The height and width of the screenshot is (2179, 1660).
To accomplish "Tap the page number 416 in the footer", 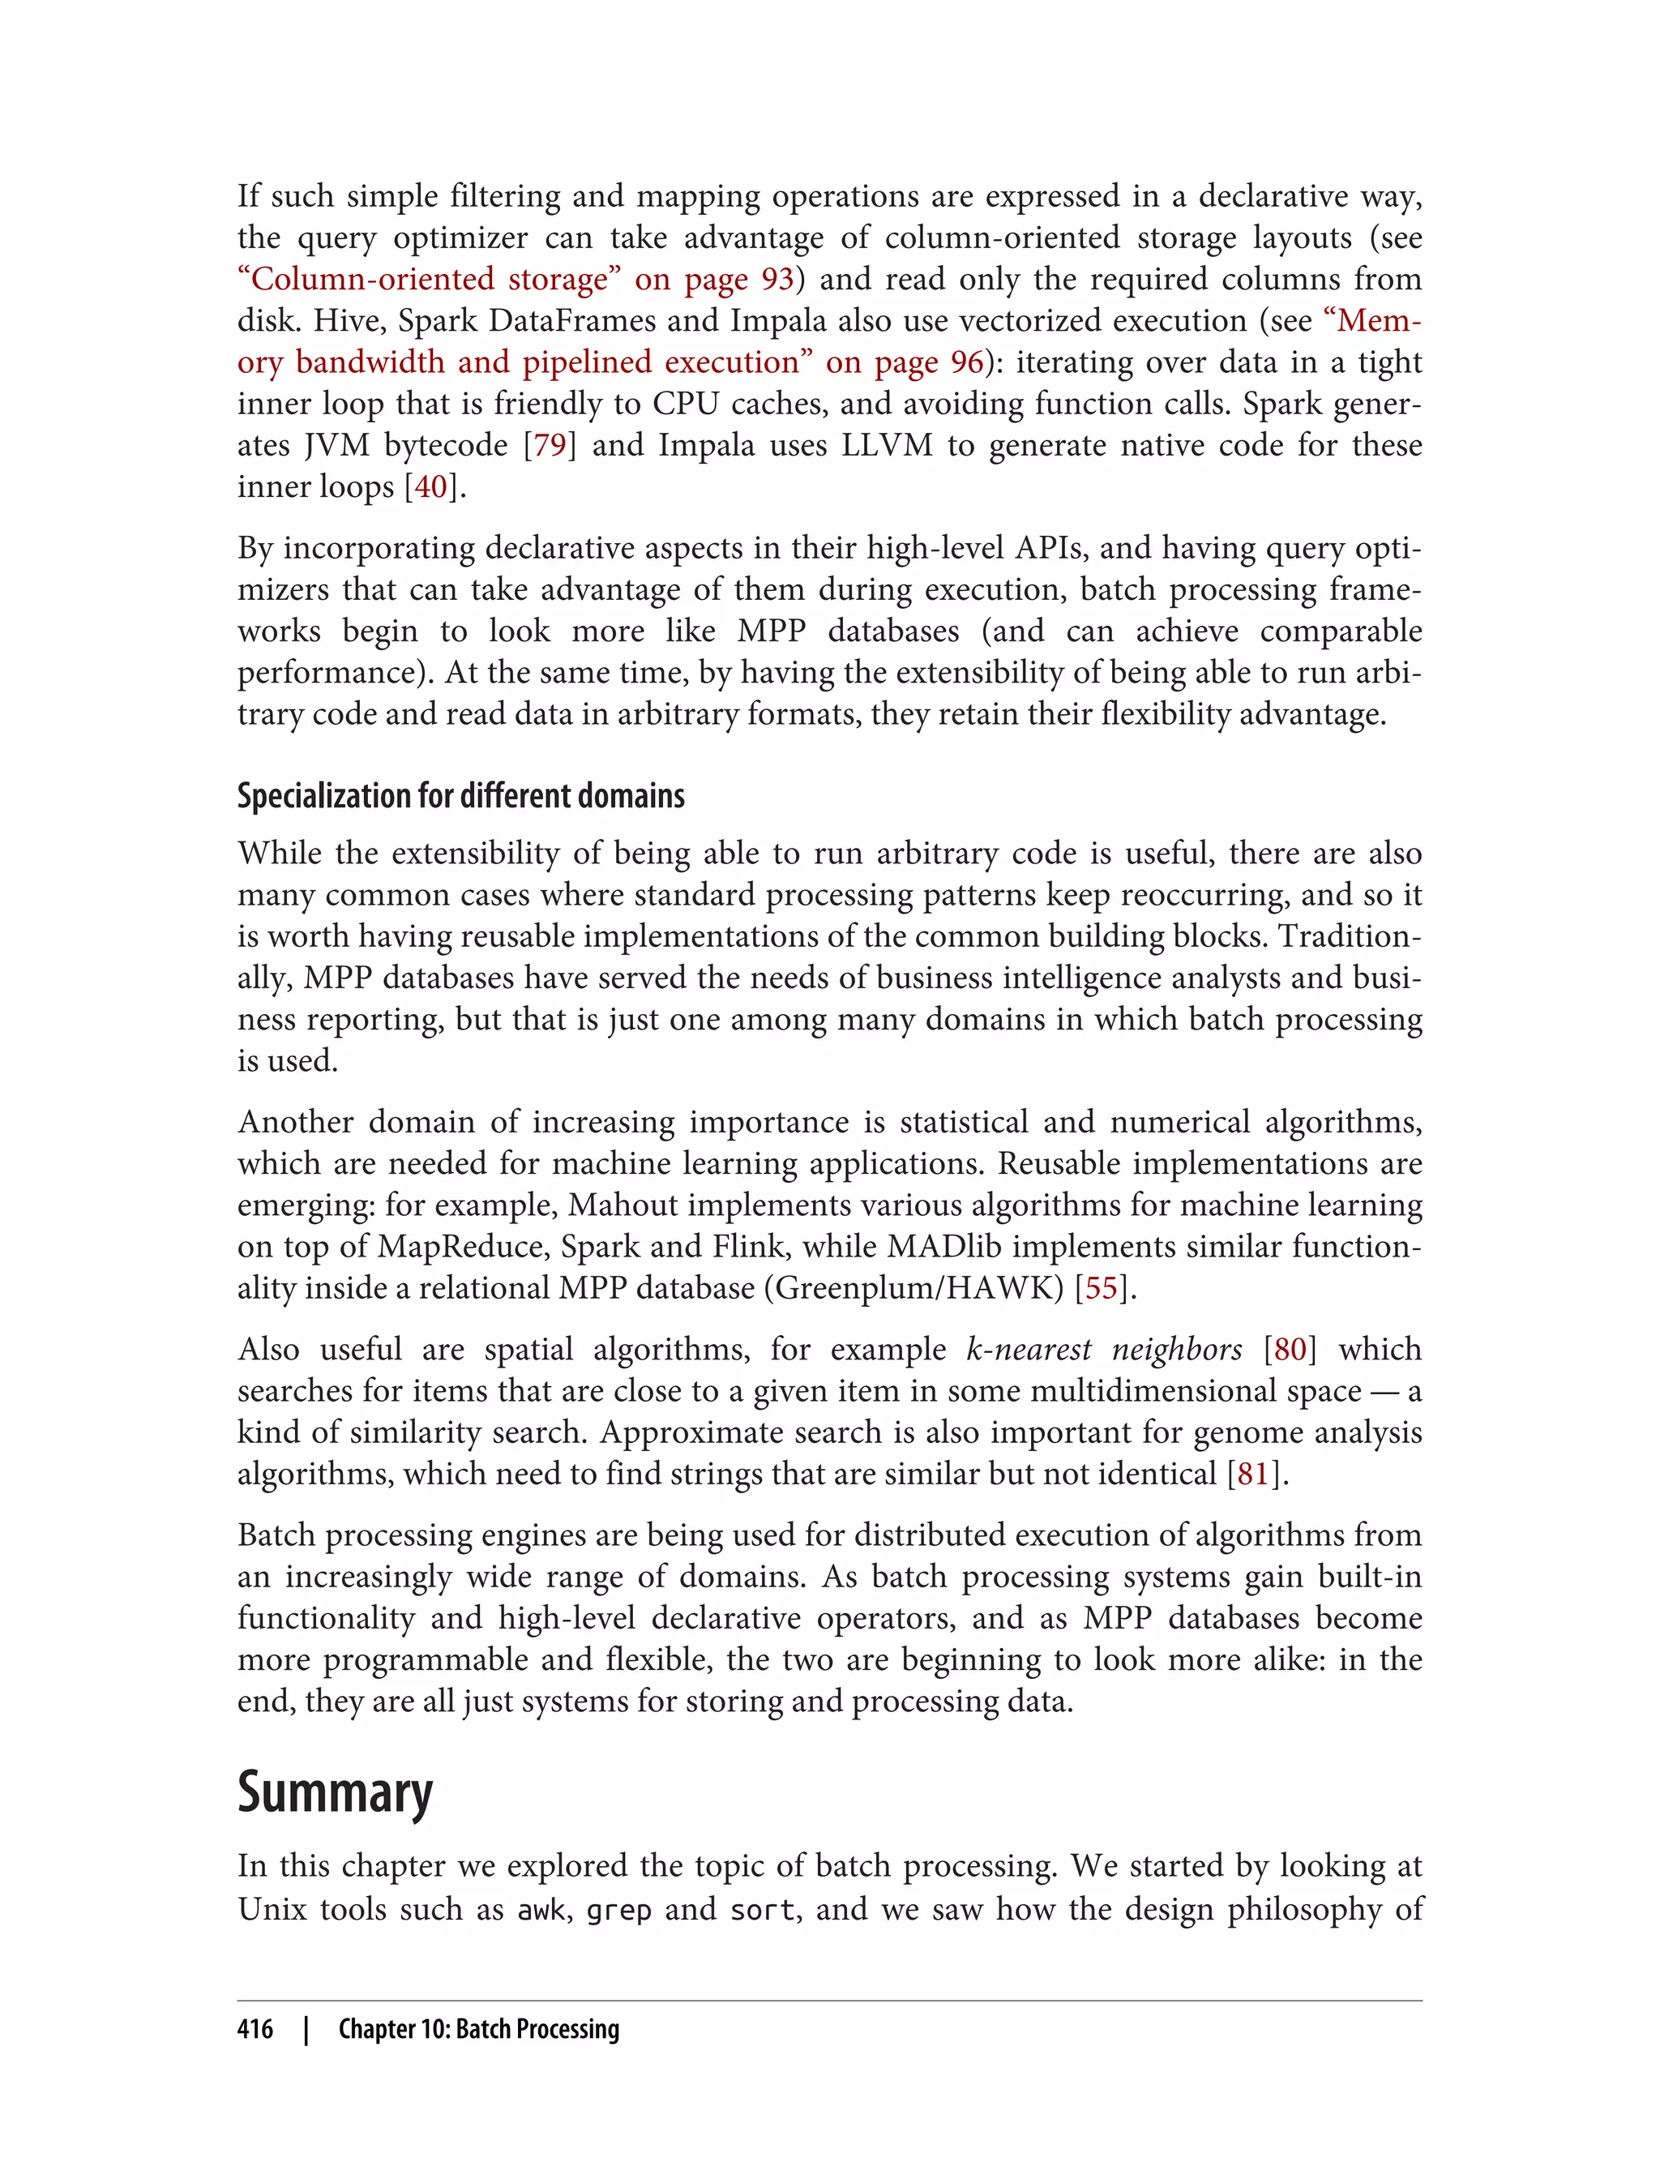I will click(255, 2029).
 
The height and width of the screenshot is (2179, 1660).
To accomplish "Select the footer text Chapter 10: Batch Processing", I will click(478, 2029).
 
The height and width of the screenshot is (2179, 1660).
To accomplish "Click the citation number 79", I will click(550, 445).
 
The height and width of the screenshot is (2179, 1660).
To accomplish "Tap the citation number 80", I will click(1290, 1349).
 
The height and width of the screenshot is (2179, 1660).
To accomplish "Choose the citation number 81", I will click(1252, 1474).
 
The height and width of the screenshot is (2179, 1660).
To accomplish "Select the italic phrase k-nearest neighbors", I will click(1104, 1349).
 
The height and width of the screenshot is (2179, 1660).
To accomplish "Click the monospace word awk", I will click(541, 1909).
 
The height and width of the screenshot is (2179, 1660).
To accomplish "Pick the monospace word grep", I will click(618, 1909).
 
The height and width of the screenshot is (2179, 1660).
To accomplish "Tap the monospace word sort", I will click(762, 1909).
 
